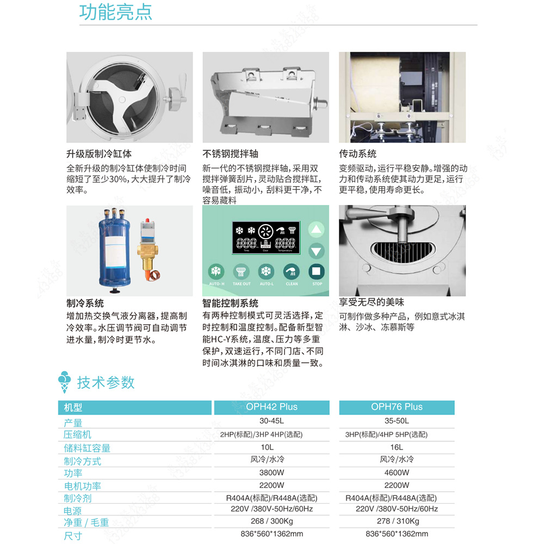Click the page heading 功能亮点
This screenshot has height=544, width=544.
[x=116, y=13]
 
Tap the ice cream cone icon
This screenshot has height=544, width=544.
[x=65, y=382]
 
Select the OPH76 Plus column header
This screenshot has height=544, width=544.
[x=397, y=407]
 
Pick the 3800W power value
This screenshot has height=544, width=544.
[x=271, y=473]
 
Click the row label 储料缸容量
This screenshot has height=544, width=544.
[x=87, y=448]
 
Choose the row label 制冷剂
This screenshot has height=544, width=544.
[x=78, y=498]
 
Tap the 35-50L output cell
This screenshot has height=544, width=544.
[x=397, y=421]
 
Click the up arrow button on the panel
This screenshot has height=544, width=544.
[x=316, y=230]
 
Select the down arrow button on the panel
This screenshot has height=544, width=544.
[x=316, y=251]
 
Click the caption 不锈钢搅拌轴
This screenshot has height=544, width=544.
[x=230, y=154]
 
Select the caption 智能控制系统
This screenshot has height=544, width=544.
[x=230, y=303]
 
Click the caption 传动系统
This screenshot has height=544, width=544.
[x=357, y=154]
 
